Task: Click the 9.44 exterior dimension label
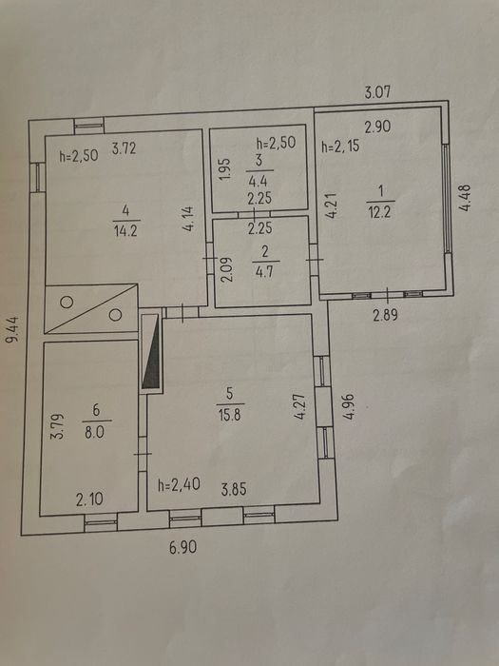(14, 328)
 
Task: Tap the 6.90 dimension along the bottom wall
(182, 547)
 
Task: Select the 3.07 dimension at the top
(377, 92)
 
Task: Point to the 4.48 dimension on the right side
(465, 198)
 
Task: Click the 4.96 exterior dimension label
(349, 407)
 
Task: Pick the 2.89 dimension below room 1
(385, 315)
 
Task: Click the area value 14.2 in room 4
(126, 231)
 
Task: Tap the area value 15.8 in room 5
(230, 414)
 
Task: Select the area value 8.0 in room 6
(96, 433)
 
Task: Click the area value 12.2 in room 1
(379, 212)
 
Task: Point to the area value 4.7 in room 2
(264, 271)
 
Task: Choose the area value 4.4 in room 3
(258, 182)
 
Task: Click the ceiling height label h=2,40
(179, 484)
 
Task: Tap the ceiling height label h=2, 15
(340, 147)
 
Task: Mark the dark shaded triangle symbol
(152, 353)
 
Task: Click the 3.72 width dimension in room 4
(124, 148)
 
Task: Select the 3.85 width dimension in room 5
(234, 490)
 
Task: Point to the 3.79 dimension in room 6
(59, 426)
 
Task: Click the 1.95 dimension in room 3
(226, 168)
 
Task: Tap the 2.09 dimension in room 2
(226, 270)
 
